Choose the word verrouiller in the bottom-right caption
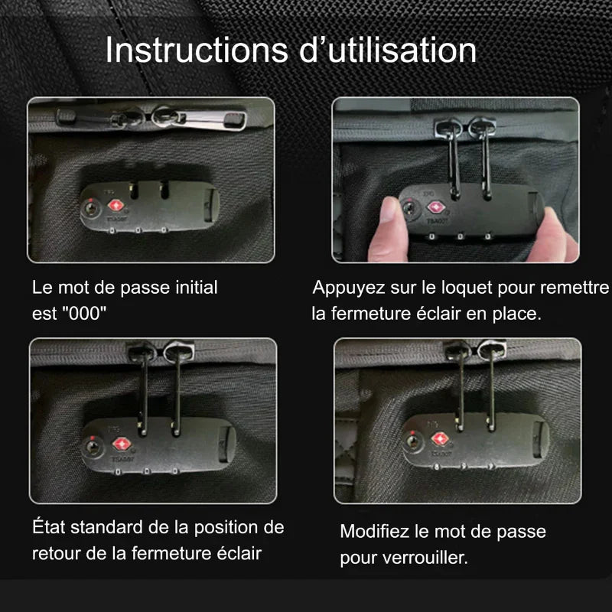[425, 558]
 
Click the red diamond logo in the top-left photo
[117, 205]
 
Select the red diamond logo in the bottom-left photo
[120, 444]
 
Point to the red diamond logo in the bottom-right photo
[441, 439]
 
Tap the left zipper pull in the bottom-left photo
[142, 382]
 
